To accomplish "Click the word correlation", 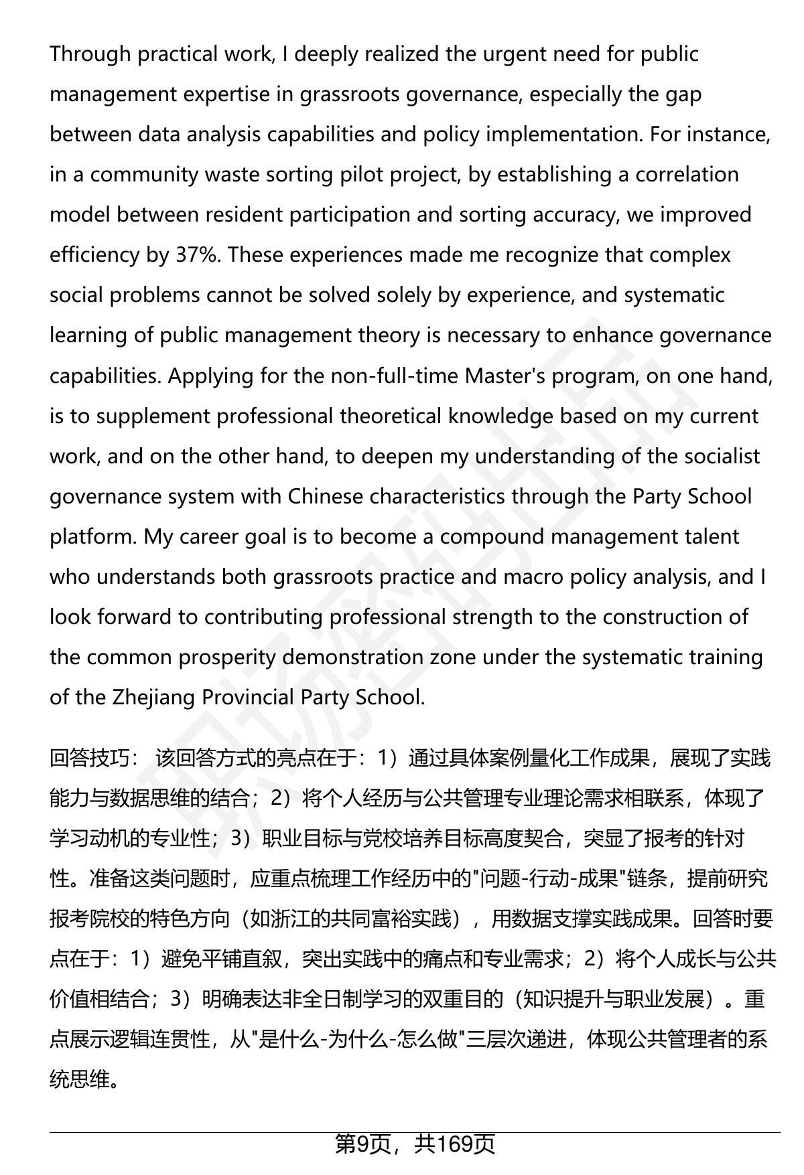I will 687,175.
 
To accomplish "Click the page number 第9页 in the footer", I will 362,1144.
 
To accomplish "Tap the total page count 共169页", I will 455,1144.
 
